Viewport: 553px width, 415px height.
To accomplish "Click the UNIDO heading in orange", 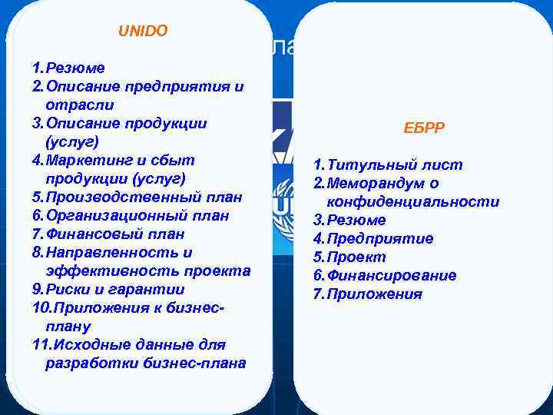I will (143, 32).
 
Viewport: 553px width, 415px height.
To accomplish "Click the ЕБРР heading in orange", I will (424, 128).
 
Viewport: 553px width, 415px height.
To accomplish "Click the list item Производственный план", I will (143, 198).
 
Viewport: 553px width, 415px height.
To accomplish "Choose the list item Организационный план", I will (137, 216).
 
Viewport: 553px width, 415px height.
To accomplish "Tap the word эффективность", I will (100, 271).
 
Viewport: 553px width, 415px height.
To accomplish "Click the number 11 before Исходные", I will (41, 345).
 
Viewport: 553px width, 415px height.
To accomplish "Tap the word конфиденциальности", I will (413, 202).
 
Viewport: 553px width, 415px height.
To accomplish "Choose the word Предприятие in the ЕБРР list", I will (379, 239).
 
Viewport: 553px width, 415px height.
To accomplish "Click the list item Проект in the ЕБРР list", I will (356, 257).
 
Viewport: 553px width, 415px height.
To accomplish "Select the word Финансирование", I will (391, 276).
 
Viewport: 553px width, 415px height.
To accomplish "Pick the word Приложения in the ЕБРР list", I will (374, 294).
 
